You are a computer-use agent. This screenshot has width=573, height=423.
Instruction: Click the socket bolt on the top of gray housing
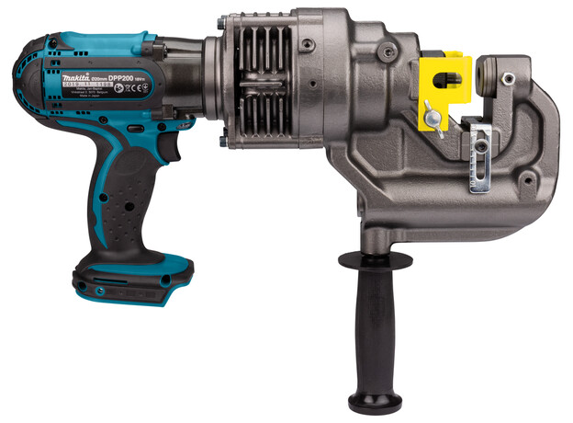point(309,45)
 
